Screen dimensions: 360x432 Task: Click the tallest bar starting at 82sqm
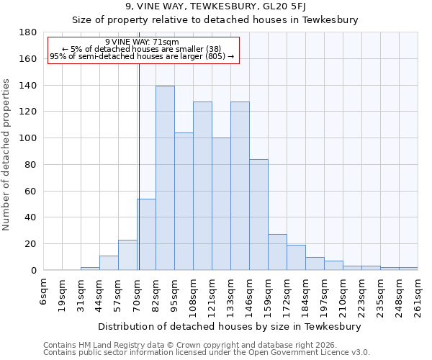(165, 178)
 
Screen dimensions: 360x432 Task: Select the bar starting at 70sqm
(146, 234)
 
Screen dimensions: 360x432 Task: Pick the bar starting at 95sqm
(184, 201)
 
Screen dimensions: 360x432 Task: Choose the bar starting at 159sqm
(277, 252)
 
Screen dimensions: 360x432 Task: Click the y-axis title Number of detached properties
(7, 151)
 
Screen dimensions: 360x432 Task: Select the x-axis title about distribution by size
(228, 326)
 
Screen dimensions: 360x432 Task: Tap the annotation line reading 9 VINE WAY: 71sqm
(142, 42)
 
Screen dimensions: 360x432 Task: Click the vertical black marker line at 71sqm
(138, 166)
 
